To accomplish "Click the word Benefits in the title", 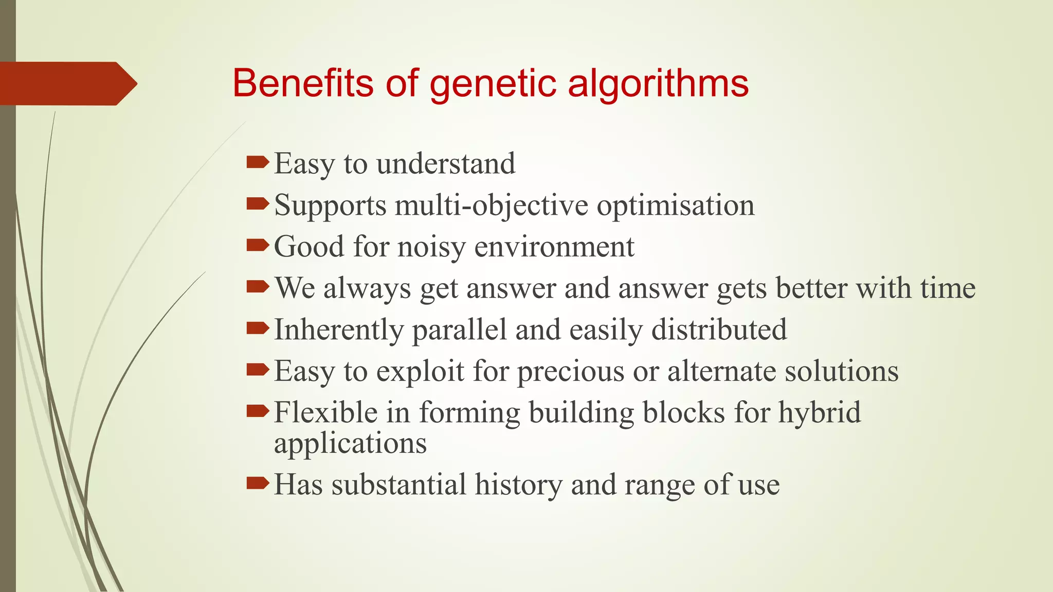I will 302,83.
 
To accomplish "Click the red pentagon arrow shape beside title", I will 67,83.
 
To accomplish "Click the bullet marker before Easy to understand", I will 258,163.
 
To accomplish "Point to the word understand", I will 445,164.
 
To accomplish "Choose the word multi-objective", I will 491,206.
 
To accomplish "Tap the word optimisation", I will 675,206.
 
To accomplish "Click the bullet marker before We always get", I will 258,287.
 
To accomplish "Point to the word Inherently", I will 338,330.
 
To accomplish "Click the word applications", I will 350,443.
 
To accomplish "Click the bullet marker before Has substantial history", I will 258,483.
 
